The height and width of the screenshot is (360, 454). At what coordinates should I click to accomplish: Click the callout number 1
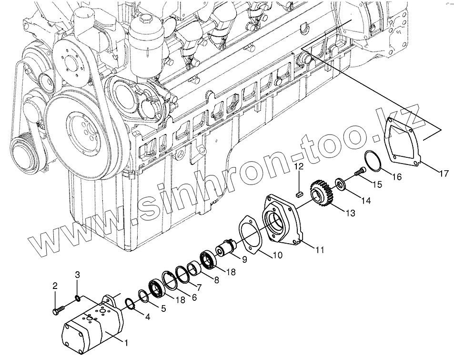tap(126, 342)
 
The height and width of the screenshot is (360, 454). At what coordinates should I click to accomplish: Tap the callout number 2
tap(55, 286)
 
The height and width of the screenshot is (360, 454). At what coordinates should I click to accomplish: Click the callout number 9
tap(244, 260)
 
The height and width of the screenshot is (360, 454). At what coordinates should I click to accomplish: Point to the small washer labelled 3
tap(77, 299)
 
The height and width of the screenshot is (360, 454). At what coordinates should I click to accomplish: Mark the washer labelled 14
tap(341, 184)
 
